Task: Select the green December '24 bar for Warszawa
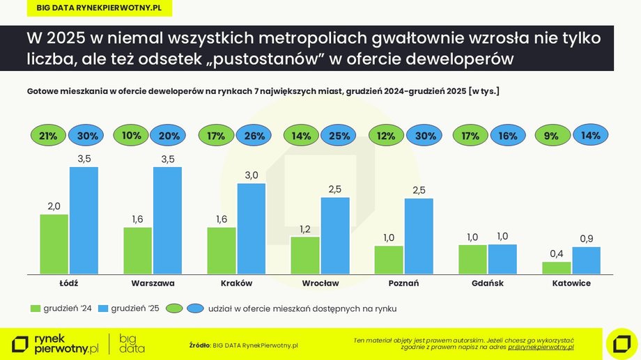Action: pos(138,250)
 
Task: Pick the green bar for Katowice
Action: pos(556,267)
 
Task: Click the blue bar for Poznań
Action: pos(419,236)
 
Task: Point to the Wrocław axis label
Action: pos(320,284)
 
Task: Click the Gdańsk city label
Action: pos(488,284)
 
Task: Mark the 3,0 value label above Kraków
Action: pos(252,174)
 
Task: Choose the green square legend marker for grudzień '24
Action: pos(36,308)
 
